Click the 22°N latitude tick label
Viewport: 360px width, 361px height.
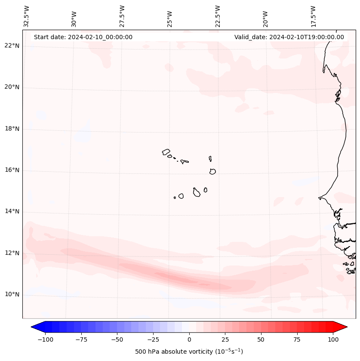(x=12, y=46)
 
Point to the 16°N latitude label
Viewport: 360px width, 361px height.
(x=12, y=170)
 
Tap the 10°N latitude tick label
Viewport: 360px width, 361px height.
(x=12, y=295)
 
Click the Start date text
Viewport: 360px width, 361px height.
(x=83, y=37)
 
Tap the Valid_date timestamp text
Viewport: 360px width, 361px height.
(x=289, y=37)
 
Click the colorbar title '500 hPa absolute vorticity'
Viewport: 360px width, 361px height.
(x=189, y=352)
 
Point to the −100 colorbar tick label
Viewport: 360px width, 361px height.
(x=45, y=339)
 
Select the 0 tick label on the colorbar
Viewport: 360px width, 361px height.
(x=189, y=339)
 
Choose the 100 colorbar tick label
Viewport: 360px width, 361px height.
(x=333, y=339)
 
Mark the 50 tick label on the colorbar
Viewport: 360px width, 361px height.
(x=261, y=339)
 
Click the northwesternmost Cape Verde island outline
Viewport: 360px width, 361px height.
(x=166, y=151)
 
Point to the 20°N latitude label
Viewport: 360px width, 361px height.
(x=12, y=87)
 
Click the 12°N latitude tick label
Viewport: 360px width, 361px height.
(x=12, y=253)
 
